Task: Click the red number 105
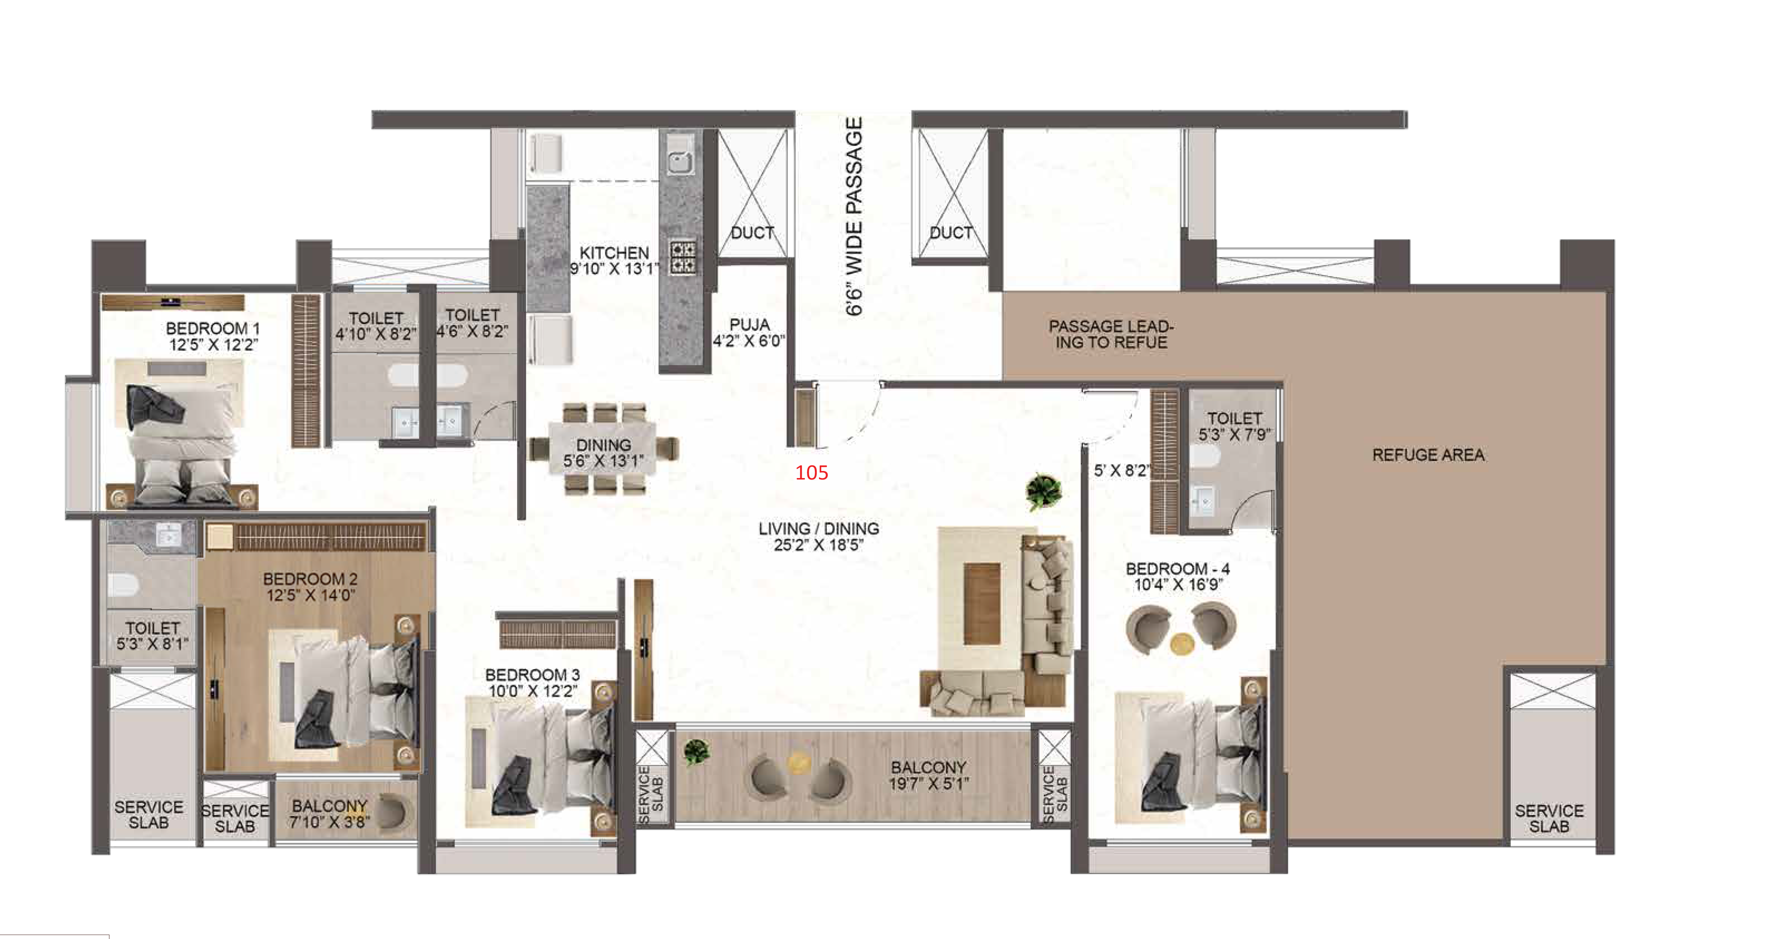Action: [811, 472]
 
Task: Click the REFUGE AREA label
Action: [1428, 455]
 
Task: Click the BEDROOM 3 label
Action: [533, 675]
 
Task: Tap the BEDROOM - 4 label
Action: [1178, 569]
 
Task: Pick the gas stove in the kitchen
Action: [683, 257]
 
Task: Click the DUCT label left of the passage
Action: [752, 233]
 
